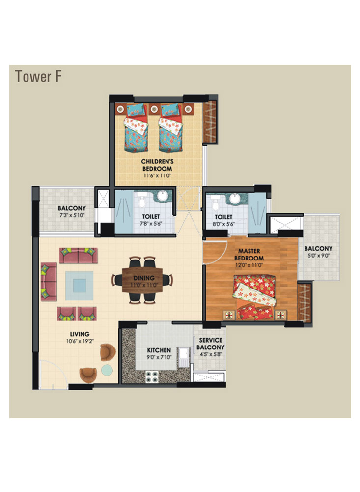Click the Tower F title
click(x=38, y=76)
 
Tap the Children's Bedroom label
click(x=157, y=165)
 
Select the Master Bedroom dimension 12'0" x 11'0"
click(x=249, y=265)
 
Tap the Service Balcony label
click(x=210, y=344)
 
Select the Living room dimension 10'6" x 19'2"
click(x=80, y=341)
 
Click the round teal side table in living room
click(x=107, y=370)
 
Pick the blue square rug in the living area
click(x=80, y=286)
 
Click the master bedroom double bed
click(x=254, y=297)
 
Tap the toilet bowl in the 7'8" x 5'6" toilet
click(x=142, y=202)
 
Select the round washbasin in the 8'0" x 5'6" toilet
click(x=235, y=199)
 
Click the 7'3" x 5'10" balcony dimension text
click(x=72, y=215)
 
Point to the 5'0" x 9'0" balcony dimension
click(x=318, y=256)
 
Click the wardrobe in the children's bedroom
click(x=210, y=121)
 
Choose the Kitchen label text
click(x=159, y=350)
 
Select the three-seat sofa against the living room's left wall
click(x=49, y=282)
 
